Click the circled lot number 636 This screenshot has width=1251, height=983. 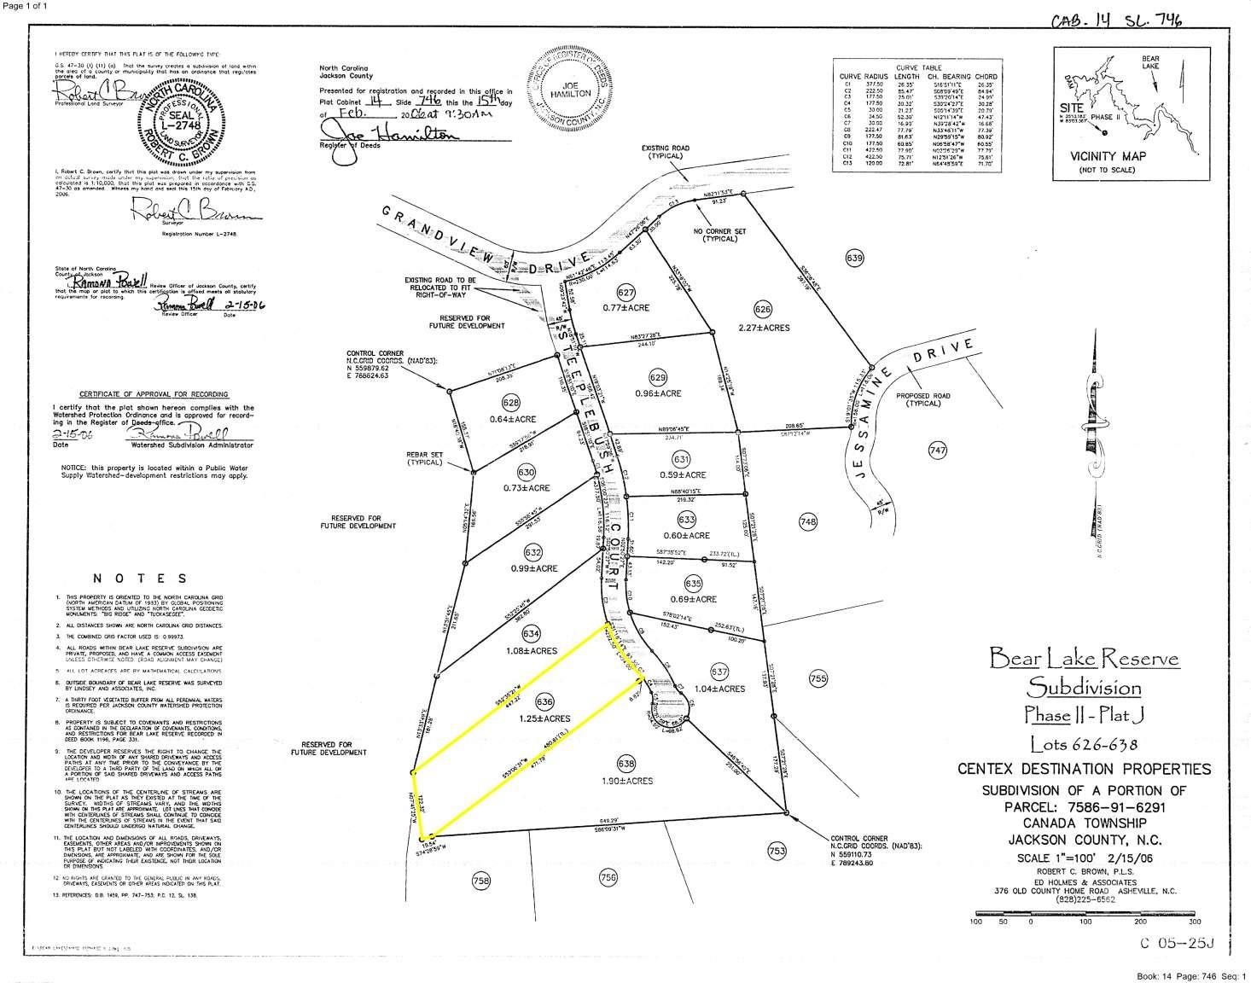[544, 701]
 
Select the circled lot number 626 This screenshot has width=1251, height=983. [763, 308]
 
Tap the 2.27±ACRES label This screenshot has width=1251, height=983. [765, 328]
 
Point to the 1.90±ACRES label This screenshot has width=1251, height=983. [625, 781]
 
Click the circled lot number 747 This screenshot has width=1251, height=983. [937, 450]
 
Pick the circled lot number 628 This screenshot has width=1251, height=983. [511, 403]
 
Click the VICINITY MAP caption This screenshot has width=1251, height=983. [1108, 156]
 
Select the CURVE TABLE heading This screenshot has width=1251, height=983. [918, 67]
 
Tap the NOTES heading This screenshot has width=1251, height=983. [141, 578]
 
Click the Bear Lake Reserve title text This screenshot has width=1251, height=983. [1084, 658]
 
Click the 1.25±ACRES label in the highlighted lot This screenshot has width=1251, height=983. [544, 718]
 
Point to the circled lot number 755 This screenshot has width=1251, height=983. [818, 679]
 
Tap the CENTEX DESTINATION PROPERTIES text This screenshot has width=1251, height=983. [1083, 769]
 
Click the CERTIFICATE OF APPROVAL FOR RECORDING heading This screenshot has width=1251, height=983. [154, 394]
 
